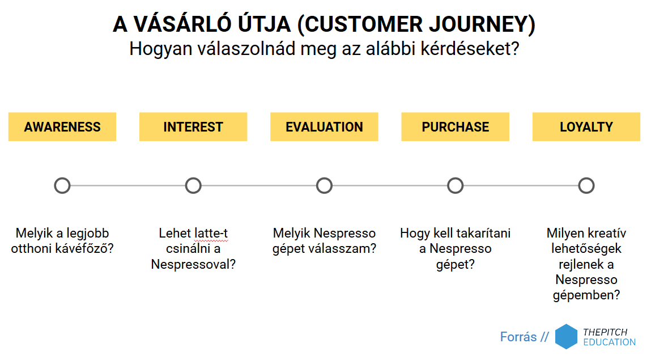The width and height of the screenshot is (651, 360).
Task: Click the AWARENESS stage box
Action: [x=62, y=126]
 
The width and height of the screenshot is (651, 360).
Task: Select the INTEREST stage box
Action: [x=193, y=126]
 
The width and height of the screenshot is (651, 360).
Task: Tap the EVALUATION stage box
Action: [x=324, y=126]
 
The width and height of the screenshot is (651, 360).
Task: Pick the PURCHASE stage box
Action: [x=455, y=126]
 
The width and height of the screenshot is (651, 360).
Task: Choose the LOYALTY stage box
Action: [x=586, y=126]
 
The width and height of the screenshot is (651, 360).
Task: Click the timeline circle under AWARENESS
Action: [x=62, y=178]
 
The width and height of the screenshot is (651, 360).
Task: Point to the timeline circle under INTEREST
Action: [x=193, y=178]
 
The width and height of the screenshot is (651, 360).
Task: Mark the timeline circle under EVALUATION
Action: [x=324, y=178]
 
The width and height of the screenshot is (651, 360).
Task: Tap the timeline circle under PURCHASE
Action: [x=455, y=178]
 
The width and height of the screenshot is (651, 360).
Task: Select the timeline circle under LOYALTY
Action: [x=586, y=178]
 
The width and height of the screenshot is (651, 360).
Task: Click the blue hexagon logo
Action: [x=567, y=336]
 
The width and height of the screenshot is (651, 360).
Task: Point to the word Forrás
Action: [x=518, y=336]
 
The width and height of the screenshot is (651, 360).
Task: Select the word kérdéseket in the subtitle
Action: [x=470, y=49]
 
